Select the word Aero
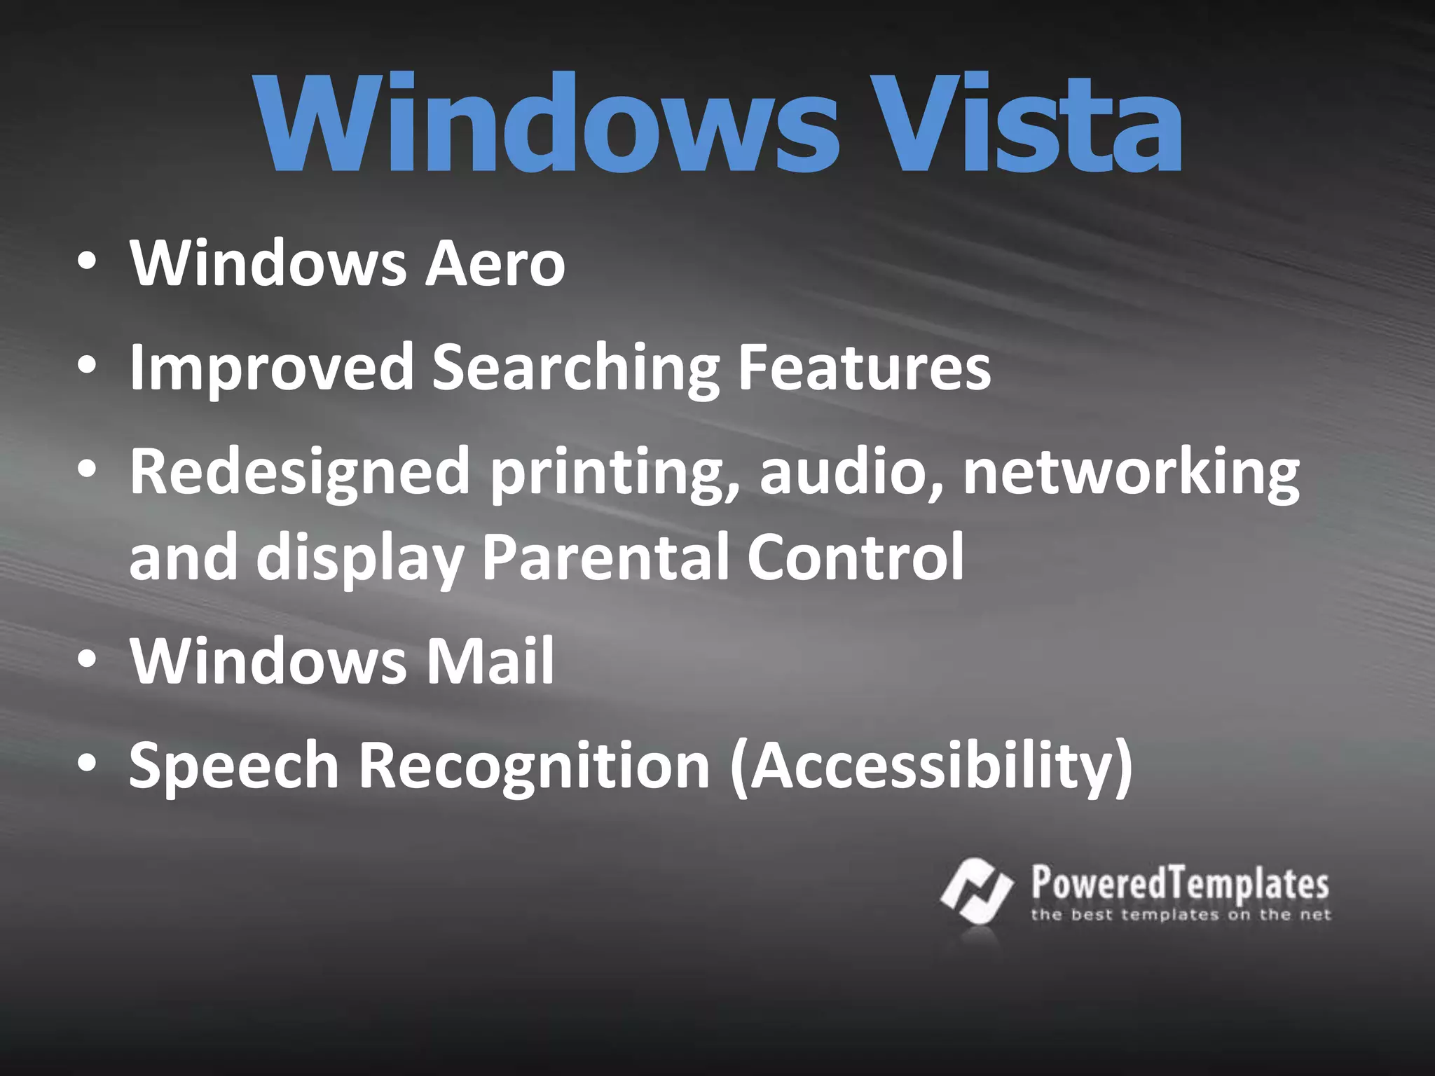[495, 263]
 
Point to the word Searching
[575, 368]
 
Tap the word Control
[856, 557]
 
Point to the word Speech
[234, 765]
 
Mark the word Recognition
[535, 766]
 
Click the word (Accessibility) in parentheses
[931, 766]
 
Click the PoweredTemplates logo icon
[977, 891]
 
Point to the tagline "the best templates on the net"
[1181, 915]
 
